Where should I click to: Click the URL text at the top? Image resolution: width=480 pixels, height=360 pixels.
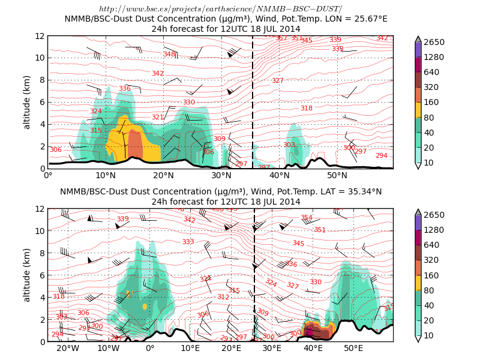click(x=220, y=8)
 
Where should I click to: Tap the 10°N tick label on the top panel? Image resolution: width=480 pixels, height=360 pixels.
click(x=106, y=175)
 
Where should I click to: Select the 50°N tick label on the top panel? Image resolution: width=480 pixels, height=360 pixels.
click(x=337, y=175)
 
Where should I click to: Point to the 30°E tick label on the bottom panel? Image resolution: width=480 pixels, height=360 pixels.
click(x=272, y=348)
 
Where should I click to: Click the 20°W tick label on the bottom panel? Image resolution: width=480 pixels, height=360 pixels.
click(x=68, y=348)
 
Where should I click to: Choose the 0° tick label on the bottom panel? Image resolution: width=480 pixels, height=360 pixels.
click(x=149, y=348)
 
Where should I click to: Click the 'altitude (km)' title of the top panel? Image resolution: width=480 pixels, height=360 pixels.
click(x=26, y=102)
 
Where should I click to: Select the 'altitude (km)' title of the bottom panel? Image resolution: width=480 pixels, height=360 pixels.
click(x=26, y=275)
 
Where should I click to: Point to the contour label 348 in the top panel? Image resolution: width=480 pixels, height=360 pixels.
click(x=169, y=54)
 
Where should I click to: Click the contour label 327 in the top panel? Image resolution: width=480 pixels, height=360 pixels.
click(x=277, y=80)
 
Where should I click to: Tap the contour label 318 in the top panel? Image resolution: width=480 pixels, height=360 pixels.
click(x=306, y=108)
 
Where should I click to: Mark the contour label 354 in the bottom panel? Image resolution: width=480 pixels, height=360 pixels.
click(x=306, y=218)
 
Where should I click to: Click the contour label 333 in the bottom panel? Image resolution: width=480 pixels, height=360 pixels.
click(x=188, y=242)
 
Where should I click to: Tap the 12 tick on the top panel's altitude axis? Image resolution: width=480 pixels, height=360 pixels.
click(x=40, y=36)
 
